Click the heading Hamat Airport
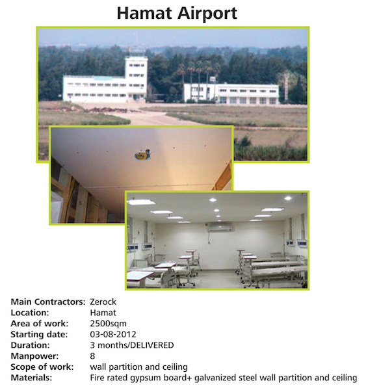[177, 14]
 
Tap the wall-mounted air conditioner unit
[220, 226]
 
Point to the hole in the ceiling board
[143, 155]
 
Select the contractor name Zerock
[103, 302]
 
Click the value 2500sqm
[108, 323]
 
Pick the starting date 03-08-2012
[113, 334]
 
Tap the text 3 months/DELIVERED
[132, 345]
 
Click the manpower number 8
[92, 356]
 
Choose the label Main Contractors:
[48, 302]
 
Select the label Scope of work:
[42, 367]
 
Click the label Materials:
[31, 378]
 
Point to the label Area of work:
[39, 323]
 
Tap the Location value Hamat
[103, 313]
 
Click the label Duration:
[30, 345]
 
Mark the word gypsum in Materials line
[146, 378]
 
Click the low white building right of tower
[231, 93]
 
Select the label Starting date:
[39, 334]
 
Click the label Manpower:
[34, 356]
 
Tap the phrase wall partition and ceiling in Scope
[139, 367]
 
